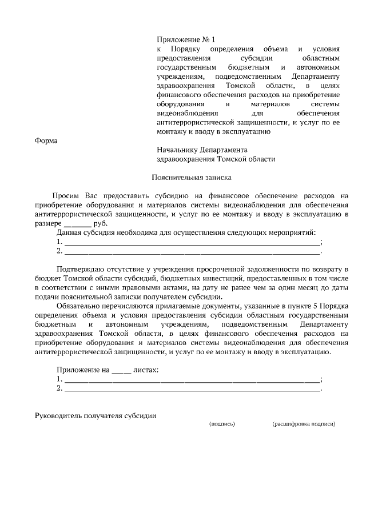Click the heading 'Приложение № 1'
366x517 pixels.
tap(186, 39)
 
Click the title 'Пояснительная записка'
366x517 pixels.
tap(191, 178)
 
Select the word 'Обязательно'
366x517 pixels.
tap(79, 306)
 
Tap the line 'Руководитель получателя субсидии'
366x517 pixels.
tap(96, 415)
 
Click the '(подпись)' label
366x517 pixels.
tap(222, 424)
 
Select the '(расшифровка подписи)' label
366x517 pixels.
tap(303, 424)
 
